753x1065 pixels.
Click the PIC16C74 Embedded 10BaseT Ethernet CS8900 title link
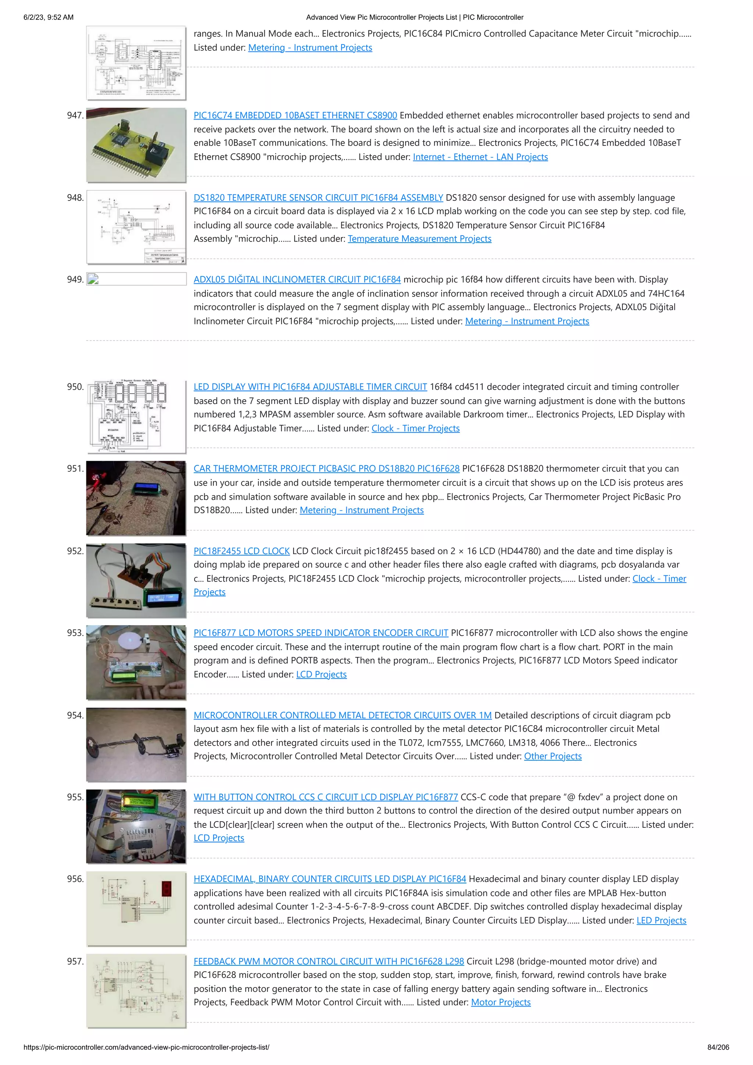pyautogui.click(x=295, y=115)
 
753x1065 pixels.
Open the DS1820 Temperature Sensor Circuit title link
pyautogui.click(x=318, y=198)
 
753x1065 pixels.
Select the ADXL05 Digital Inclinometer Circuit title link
pyautogui.click(x=297, y=280)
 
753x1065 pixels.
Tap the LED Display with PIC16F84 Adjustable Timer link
pyautogui.click(x=310, y=387)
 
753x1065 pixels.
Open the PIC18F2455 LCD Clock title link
pyautogui.click(x=241, y=551)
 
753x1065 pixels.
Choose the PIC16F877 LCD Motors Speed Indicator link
pyautogui.click(x=321, y=633)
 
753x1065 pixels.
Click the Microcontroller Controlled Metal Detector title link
pyautogui.click(x=342, y=715)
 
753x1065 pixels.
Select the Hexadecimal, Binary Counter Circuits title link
pyautogui.click(x=329, y=879)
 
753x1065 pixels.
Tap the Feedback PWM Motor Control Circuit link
pyautogui.click(x=328, y=962)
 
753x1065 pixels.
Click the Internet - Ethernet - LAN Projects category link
pyautogui.click(x=480, y=157)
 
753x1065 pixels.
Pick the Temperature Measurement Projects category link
pyautogui.click(x=420, y=239)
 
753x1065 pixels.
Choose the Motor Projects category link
pyautogui.click(x=501, y=1003)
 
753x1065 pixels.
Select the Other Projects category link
pyautogui.click(x=553, y=757)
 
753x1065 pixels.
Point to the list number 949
pyautogui.click(x=75, y=280)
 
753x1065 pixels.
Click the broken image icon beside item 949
pyautogui.click(x=93, y=279)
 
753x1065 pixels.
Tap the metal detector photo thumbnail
pyautogui.click(x=136, y=745)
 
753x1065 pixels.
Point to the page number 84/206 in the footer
pyautogui.click(x=718, y=1047)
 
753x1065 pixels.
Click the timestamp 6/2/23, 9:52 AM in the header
pyautogui.click(x=48, y=18)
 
